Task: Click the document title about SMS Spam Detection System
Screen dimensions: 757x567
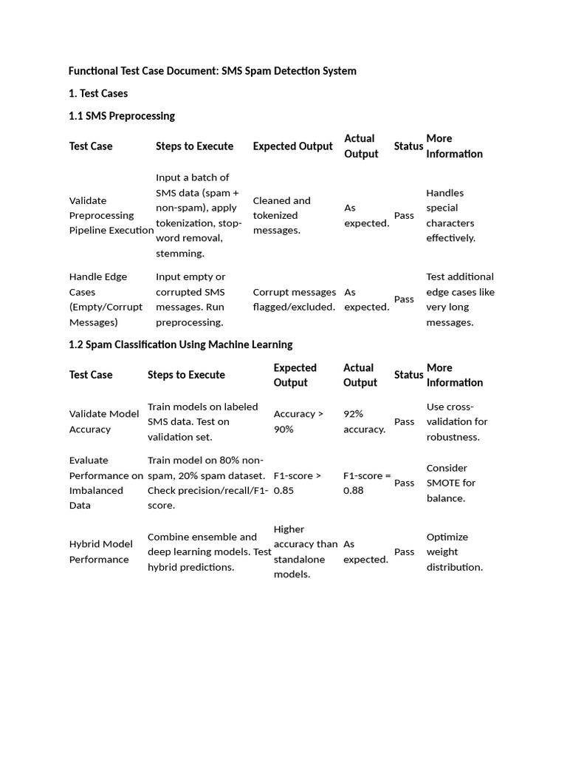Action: point(213,71)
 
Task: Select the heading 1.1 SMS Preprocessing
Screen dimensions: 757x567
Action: point(122,116)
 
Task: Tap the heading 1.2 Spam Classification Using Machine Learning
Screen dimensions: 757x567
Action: point(181,344)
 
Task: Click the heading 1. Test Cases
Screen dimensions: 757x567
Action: point(98,93)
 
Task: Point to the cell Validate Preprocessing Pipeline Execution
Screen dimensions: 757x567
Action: point(111,215)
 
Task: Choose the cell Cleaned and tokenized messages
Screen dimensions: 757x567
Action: point(281,215)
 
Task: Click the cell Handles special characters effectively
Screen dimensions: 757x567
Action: point(450,215)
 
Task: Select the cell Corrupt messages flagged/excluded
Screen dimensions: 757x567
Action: point(294,299)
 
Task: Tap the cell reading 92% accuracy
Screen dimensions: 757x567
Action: point(364,421)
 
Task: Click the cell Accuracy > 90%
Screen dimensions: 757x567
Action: point(298,421)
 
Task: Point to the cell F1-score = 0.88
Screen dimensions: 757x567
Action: point(367,483)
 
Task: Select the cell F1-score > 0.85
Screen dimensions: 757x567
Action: point(298,483)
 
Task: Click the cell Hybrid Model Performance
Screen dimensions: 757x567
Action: point(101,551)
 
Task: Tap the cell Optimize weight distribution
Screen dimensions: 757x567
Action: point(454,551)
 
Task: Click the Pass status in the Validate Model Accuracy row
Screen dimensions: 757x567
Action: point(405,421)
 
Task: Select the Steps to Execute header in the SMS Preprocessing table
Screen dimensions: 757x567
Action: point(194,146)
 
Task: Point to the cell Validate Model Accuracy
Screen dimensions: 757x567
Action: point(104,421)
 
